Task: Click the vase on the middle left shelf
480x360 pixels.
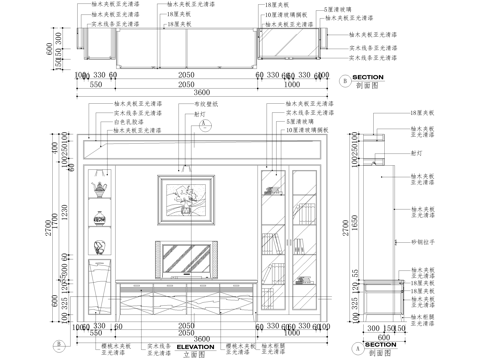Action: [99, 248]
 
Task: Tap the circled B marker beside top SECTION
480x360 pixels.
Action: [343, 78]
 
